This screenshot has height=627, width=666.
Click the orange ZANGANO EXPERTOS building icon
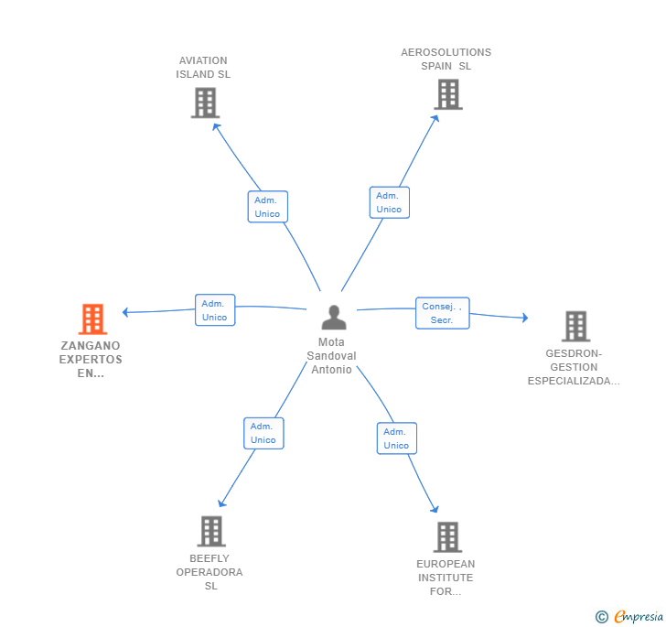[92, 319]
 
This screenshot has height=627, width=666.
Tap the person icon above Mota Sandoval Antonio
[334, 317]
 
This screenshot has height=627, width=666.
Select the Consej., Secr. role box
[442, 313]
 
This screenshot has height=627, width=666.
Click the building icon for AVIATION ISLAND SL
[205, 103]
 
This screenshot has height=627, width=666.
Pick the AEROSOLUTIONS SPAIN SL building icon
[448, 94]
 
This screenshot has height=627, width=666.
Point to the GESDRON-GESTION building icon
[576, 327]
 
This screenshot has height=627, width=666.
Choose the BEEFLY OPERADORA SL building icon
[211, 532]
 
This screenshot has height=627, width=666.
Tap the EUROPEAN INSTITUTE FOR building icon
[447, 537]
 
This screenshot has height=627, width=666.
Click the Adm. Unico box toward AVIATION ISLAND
[267, 207]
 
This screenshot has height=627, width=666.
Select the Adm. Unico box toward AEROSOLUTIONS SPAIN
[390, 202]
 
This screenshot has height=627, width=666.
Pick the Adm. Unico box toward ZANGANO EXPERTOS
[215, 310]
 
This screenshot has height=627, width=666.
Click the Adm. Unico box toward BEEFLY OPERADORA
[263, 433]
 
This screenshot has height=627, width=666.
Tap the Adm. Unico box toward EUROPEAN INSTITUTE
[397, 438]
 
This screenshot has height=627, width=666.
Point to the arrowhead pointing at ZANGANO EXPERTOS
[125, 312]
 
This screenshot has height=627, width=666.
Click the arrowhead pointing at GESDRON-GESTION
[525, 317]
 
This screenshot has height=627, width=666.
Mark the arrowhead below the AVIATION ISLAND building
[217, 126]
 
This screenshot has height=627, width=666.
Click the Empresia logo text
[639, 616]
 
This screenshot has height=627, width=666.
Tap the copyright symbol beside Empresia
[602, 616]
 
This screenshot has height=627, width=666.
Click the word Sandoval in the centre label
[331, 356]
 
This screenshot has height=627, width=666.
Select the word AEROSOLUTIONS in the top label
[446, 52]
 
